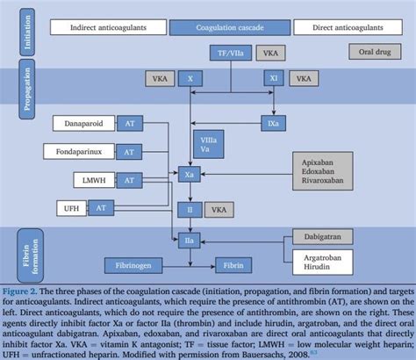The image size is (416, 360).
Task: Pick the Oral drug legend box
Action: (375, 53)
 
